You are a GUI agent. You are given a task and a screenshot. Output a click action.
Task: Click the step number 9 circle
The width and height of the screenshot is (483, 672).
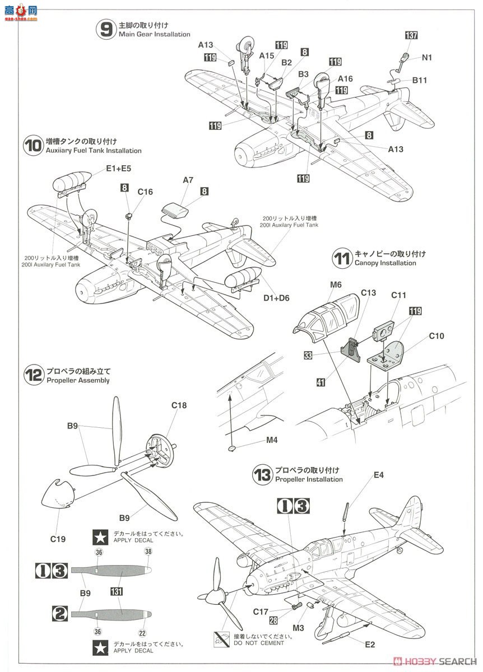pos(105,30)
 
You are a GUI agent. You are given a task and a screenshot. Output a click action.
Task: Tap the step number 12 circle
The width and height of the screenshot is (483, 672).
pos(34,375)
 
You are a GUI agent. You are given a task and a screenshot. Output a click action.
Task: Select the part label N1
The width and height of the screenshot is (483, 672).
pos(427,57)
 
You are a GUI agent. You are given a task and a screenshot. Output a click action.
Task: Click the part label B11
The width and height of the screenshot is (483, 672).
pos(420,80)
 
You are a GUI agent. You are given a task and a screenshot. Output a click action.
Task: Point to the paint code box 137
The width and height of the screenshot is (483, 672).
pos(411,36)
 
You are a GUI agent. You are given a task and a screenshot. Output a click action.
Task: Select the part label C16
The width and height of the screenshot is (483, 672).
pos(145,192)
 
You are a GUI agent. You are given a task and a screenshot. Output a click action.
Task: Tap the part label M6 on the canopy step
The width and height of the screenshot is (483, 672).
pos(336,285)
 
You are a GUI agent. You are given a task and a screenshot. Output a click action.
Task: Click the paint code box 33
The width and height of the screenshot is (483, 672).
pos(308,354)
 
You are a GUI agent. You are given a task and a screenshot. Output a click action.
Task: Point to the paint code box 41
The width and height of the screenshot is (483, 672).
pos(321,383)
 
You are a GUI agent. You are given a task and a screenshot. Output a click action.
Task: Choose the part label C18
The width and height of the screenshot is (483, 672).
pos(179,405)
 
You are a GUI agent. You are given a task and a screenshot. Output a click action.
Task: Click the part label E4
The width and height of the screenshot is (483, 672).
pos(379,475)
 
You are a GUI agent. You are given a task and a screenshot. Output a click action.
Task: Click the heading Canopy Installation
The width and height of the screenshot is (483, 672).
pos(385,263)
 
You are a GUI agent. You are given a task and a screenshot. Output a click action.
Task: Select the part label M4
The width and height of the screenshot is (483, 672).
pos(272,440)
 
